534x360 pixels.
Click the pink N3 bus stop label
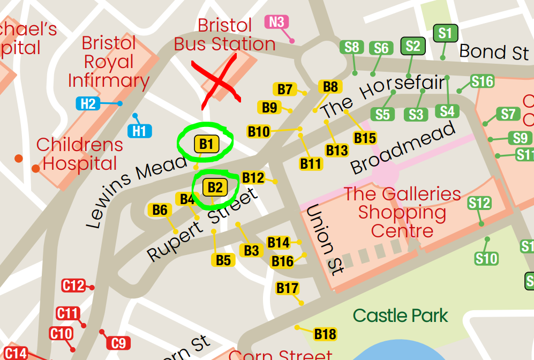pyautogui.click(x=277, y=22)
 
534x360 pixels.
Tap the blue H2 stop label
pyautogui.click(x=88, y=103)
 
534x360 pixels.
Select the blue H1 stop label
pyautogui.click(x=139, y=130)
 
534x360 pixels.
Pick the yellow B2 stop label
pyautogui.click(x=215, y=187)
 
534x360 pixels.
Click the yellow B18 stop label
pyautogui.click(x=325, y=334)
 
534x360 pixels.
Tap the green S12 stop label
pyautogui.click(x=479, y=203)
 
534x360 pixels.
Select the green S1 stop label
pyautogui.click(x=445, y=33)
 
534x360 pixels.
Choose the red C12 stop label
pyautogui.click(x=73, y=286)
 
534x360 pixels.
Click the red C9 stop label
pyautogui.click(x=118, y=343)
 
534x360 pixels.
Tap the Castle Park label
pyautogui.click(x=400, y=315)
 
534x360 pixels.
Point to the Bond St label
pyautogui.click(x=494, y=52)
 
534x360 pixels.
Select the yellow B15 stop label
pyautogui.click(x=365, y=138)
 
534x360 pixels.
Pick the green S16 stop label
pyautogui.click(x=482, y=81)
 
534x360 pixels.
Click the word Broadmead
pyautogui.click(x=403, y=147)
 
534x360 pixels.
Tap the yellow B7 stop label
pyautogui.click(x=285, y=89)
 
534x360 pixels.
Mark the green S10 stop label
pyautogui.click(x=486, y=259)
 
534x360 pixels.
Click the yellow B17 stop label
pyautogui.click(x=287, y=288)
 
